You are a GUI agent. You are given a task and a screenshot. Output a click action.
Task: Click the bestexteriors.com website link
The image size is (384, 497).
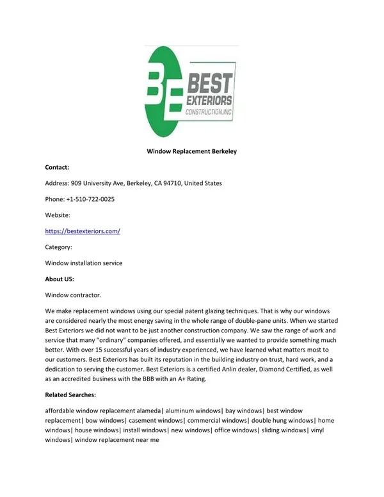[83, 231]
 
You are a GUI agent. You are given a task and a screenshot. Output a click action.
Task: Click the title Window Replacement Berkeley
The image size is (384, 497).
[192, 151]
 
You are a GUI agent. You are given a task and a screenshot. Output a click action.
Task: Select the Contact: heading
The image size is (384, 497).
[57, 167]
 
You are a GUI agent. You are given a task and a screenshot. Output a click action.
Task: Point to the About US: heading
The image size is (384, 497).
[60, 279]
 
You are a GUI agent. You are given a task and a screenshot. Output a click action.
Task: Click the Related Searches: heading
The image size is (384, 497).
[70, 394]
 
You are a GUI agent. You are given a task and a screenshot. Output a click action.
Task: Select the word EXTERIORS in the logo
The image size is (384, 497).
[209, 101]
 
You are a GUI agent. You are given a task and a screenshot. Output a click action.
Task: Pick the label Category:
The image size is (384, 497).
[58, 247]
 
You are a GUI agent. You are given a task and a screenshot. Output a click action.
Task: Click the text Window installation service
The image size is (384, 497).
[83, 263]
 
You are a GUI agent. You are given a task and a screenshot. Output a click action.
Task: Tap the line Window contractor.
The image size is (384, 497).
[73, 295]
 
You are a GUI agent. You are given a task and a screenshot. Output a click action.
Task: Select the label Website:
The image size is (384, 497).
[58, 215]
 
